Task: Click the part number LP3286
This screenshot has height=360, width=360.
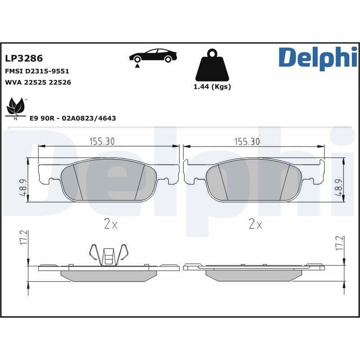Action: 23,59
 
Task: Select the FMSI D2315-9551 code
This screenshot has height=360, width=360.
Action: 36,71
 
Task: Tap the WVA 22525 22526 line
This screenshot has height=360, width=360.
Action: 37,82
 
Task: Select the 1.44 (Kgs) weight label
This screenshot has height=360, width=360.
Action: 212,87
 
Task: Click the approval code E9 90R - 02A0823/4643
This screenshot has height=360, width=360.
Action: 72,118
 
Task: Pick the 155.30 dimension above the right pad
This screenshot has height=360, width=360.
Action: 247,141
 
